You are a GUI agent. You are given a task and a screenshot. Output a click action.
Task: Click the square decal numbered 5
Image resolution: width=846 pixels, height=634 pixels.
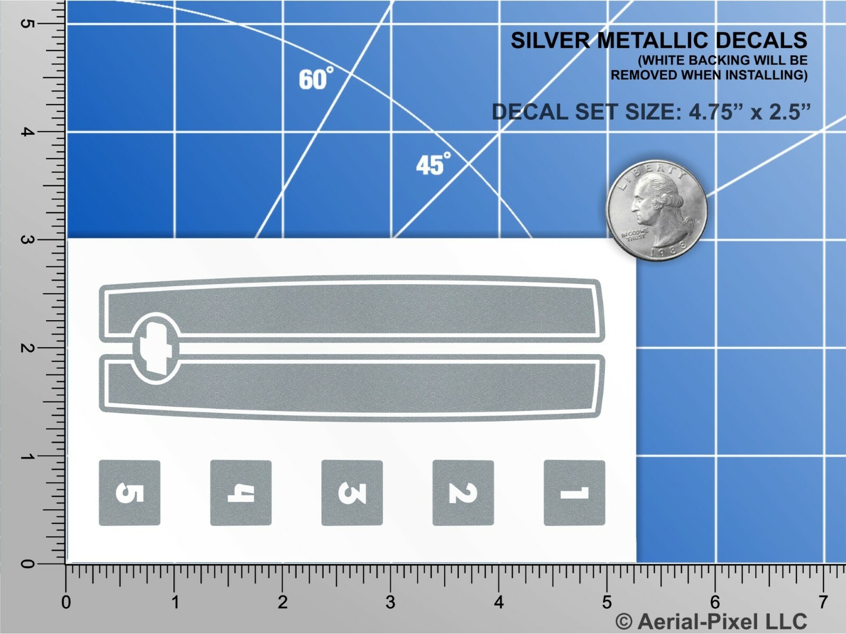click(x=130, y=493)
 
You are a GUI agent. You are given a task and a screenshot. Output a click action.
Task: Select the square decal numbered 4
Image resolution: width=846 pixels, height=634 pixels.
click(x=241, y=493)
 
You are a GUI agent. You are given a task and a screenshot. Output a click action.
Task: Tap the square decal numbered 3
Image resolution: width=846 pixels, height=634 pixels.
click(x=352, y=493)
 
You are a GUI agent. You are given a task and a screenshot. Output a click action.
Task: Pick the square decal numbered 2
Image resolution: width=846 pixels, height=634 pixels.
click(x=463, y=493)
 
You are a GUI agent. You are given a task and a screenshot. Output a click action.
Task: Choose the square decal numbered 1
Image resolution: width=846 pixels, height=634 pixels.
click(x=574, y=493)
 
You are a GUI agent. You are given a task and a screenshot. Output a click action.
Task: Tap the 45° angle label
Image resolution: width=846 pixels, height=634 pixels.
click(x=433, y=164)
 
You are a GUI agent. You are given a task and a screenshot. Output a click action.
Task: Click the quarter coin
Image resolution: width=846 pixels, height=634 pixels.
click(x=657, y=211)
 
